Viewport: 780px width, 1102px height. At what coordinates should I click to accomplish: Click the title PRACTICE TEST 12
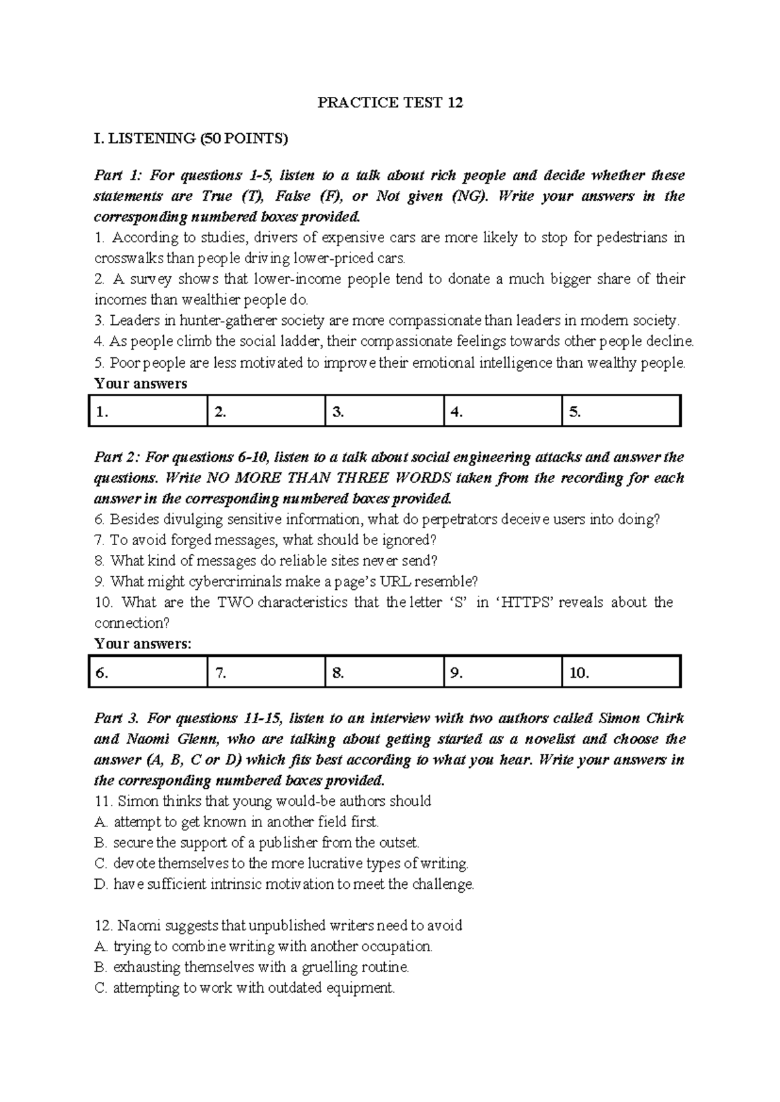(389, 103)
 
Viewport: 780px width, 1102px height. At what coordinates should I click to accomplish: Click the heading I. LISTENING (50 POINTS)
(190, 138)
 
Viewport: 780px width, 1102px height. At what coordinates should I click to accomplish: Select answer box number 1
(148, 411)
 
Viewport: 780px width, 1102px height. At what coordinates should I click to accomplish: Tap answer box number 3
(384, 411)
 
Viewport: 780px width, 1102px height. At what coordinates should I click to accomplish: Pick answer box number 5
(621, 411)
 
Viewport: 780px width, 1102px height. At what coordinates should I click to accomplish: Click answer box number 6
(148, 673)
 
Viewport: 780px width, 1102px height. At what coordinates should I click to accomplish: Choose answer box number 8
(384, 673)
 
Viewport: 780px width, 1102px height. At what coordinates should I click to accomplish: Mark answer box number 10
(621, 673)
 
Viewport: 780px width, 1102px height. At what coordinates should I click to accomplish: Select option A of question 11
(237, 822)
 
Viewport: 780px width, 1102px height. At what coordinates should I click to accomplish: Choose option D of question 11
(285, 884)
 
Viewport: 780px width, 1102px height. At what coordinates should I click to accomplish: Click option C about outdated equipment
(245, 988)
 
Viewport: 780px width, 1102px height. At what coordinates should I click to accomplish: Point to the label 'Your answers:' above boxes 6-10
(143, 644)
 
